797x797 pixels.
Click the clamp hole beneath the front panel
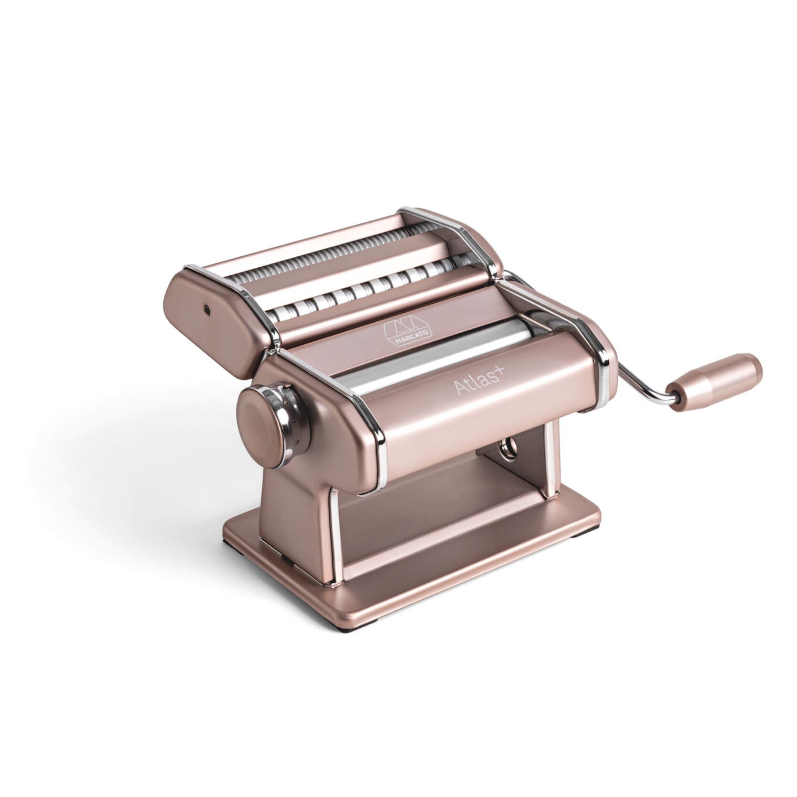(508, 448)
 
